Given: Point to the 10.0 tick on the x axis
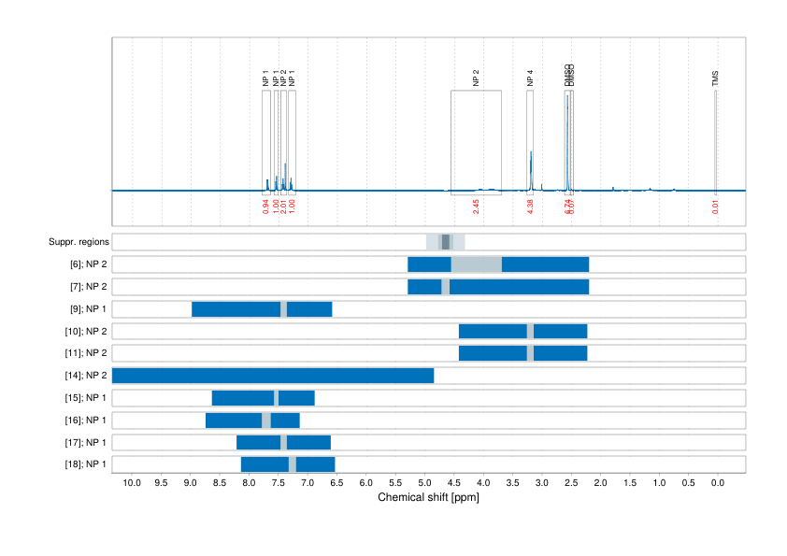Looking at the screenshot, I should click(132, 483).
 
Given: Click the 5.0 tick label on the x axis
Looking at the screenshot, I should click(425, 483).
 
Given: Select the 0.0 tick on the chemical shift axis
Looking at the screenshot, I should click(718, 483).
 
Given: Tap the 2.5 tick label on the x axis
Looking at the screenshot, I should click(572, 483).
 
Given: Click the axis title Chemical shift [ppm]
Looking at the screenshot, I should click(428, 498).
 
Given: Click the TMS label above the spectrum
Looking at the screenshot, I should click(716, 78).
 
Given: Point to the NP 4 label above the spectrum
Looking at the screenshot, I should click(530, 78).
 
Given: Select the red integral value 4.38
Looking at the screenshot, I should click(530, 207).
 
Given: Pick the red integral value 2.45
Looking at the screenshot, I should click(476, 207).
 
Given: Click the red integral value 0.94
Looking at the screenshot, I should click(266, 207).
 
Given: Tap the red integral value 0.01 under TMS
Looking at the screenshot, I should click(716, 207).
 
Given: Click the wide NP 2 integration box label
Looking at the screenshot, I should click(476, 78).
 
